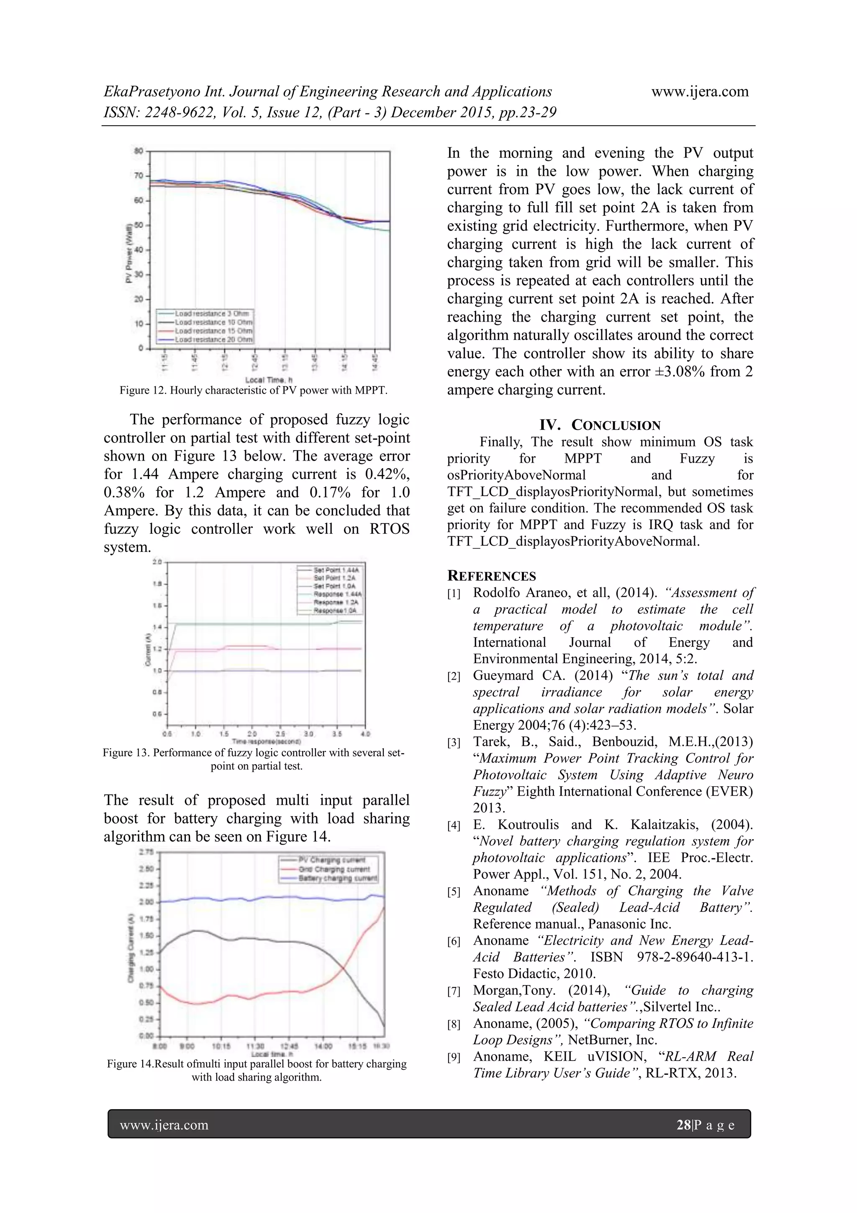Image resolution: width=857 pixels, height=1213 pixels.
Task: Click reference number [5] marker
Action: (x=454, y=892)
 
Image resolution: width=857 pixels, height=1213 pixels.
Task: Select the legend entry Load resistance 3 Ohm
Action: (x=212, y=313)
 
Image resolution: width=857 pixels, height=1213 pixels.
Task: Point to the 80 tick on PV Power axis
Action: (x=139, y=151)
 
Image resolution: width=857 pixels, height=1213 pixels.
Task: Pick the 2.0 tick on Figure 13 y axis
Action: (x=157, y=562)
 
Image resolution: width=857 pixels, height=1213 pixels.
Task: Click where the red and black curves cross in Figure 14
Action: (x=343, y=968)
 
